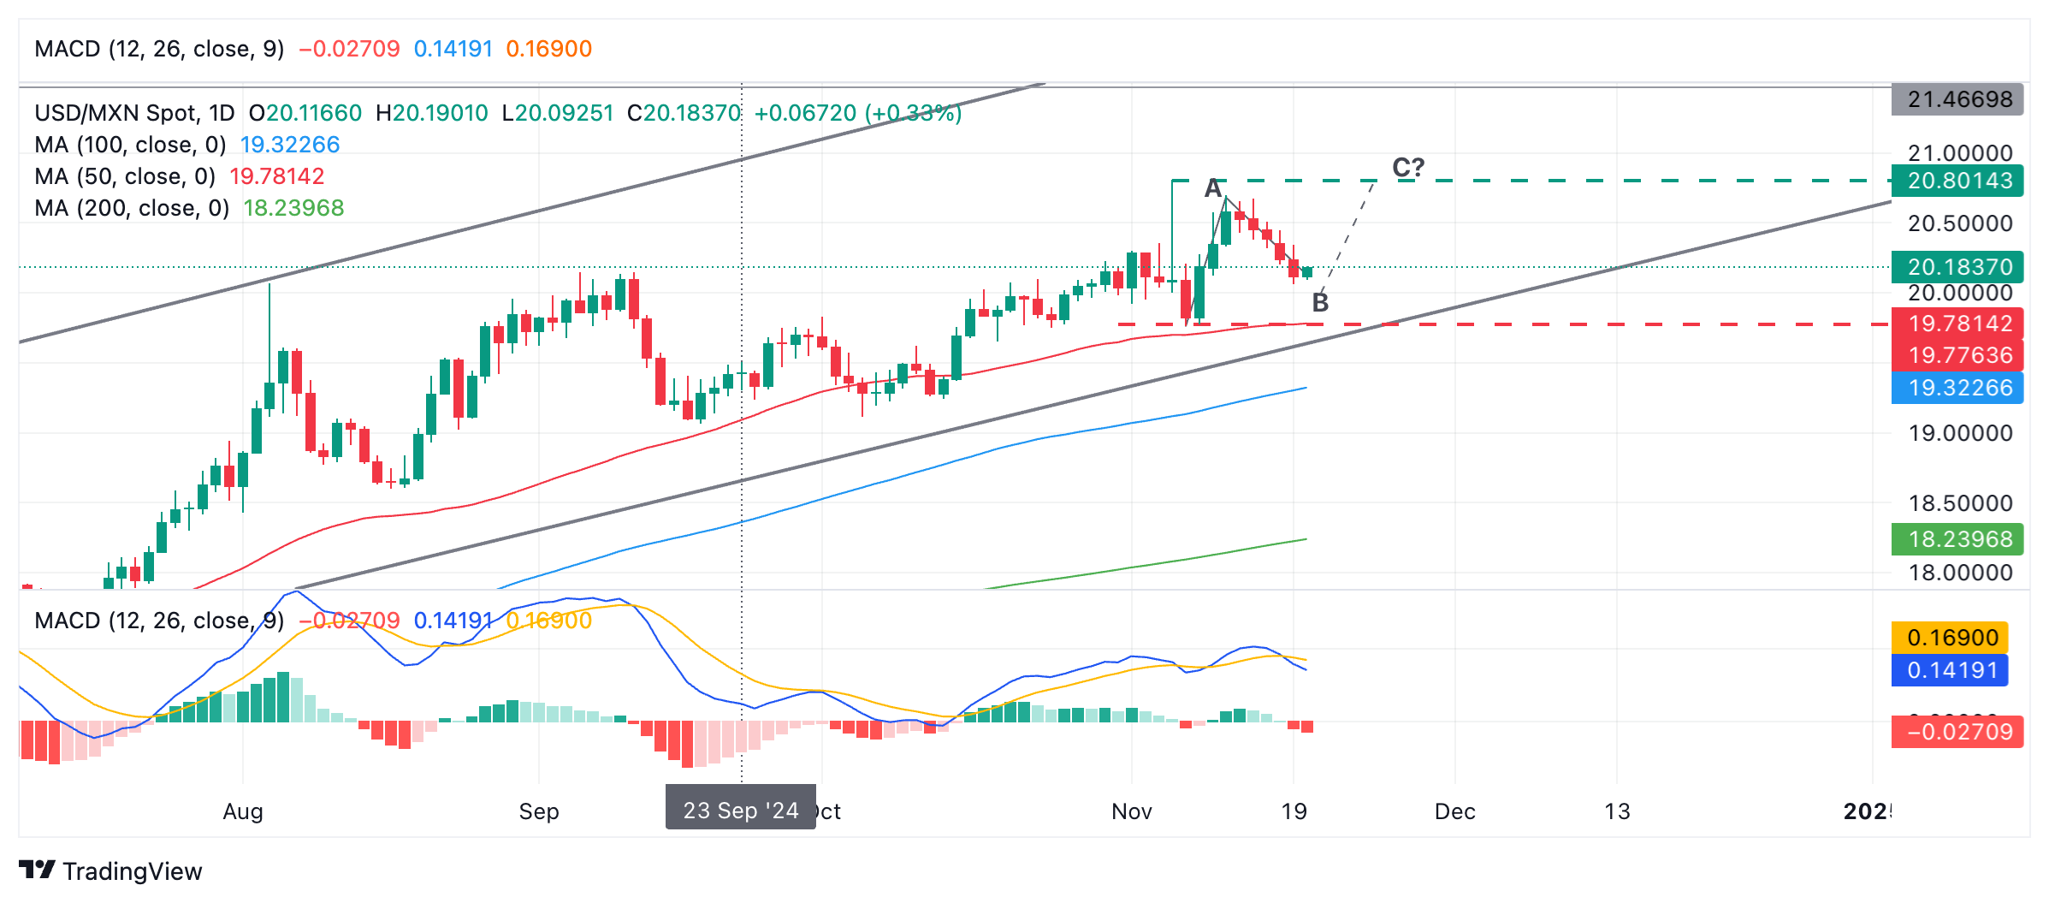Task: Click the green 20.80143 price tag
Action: coord(1958,181)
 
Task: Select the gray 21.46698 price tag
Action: coord(1958,99)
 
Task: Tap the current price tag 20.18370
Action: coord(1958,267)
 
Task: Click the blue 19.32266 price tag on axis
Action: coord(1958,388)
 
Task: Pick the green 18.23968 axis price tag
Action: coord(1958,539)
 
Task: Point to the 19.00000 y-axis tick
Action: coord(1960,433)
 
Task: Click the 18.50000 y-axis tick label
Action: coord(1960,503)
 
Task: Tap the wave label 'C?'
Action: coord(1408,167)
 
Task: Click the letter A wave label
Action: coord(1213,188)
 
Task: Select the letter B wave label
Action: coord(1320,302)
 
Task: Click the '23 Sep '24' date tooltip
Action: coord(741,810)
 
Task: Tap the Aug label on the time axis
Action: coord(243,811)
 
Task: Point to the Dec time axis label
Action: coord(1454,811)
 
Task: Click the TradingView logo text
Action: coord(132,871)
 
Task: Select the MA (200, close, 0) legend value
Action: coord(293,208)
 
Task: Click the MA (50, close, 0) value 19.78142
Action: coord(277,176)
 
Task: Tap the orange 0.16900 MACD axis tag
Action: coord(1951,638)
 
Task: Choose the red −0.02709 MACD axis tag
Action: coord(1958,732)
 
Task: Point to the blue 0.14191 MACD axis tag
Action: coord(1951,670)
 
